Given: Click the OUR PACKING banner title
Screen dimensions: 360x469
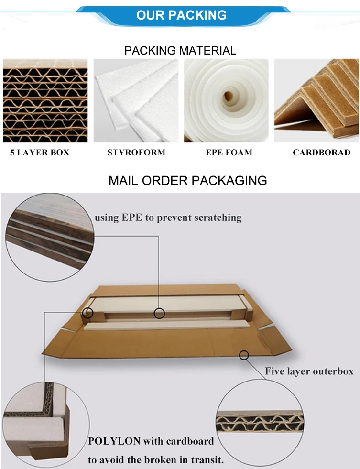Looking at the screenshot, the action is pyautogui.click(x=181, y=15).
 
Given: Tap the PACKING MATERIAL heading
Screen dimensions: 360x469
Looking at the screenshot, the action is pyautogui.click(x=180, y=50).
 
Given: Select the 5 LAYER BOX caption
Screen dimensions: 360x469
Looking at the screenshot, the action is pyautogui.click(x=40, y=153).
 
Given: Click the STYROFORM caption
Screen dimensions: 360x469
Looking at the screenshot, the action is pyautogui.click(x=136, y=153).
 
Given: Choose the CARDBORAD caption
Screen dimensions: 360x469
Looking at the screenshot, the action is pyautogui.click(x=321, y=153).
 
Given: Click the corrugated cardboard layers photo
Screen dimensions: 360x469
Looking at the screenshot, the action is pyautogui.click(x=45, y=101).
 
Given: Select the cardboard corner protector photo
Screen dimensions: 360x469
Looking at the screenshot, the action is pyautogui.click(x=316, y=101).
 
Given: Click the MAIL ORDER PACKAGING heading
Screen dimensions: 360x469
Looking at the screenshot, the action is pyautogui.click(x=187, y=181).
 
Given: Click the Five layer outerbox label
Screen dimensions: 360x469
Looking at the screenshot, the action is pyautogui.click(x=309, y=371).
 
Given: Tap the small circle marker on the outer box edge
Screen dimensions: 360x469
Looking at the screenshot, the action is pyautogui.click(x=244, y=355).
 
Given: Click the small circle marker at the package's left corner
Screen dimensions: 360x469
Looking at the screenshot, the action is pyautogui.click(x=87, y=313).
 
